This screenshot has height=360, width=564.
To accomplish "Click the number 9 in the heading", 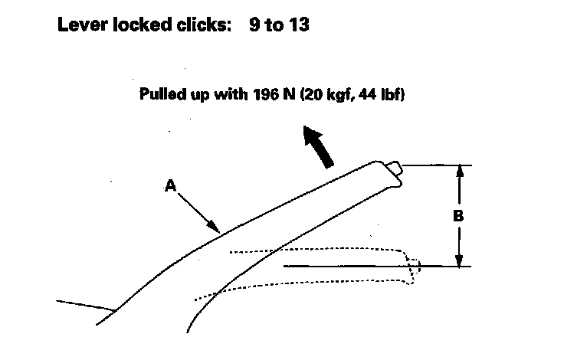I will tap(254, 25).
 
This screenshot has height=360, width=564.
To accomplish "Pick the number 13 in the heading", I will tap(300, 25).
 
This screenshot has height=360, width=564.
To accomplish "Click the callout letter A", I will tap(170, 184).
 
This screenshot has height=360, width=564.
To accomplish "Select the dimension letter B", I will tap(458, 216).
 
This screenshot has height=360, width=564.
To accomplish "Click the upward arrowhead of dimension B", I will tap(458, 172).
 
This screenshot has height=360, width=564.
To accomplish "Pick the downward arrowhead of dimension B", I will tap(458, 260).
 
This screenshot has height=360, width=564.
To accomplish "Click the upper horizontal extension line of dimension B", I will tap(437, 165).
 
